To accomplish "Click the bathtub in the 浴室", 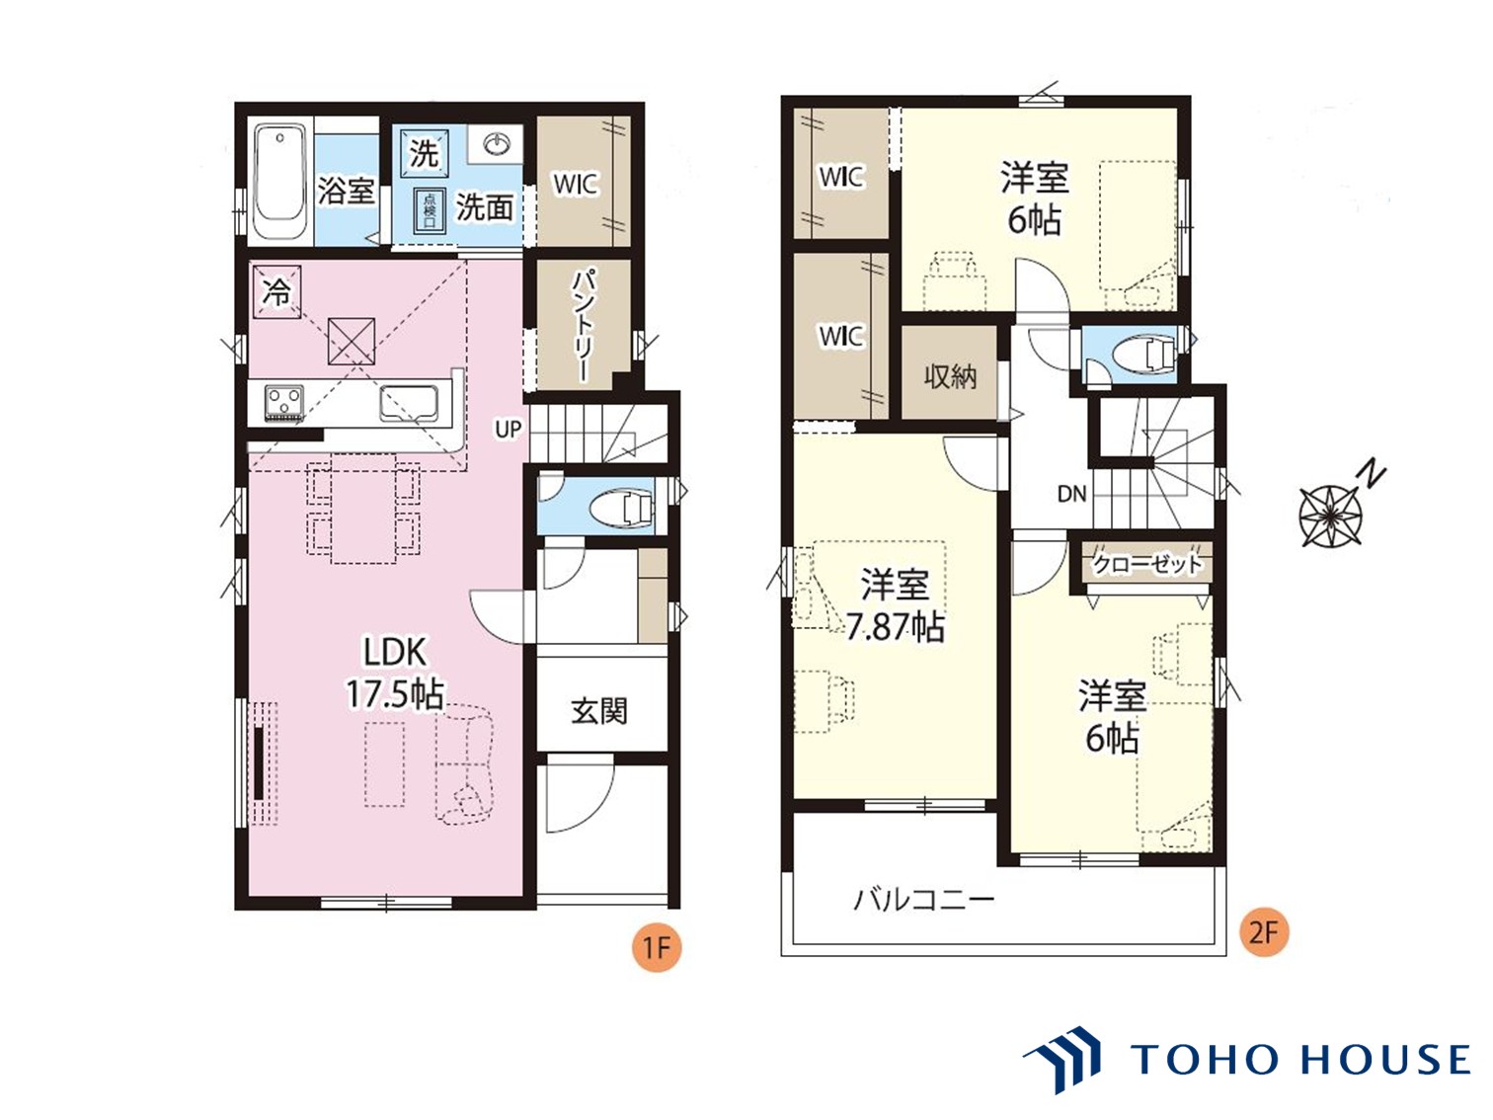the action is (x=278, y=183).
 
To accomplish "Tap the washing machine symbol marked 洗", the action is (x=424, y=152).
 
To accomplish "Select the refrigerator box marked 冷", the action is (x=276, y=291).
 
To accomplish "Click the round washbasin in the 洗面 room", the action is (x=498, y=143).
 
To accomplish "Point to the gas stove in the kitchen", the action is (x=284, y=402).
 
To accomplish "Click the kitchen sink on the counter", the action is (x=408, y=404).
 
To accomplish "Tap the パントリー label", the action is (x=583, y=325).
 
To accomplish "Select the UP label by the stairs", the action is (x=509, y=429).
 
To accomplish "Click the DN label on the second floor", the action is (x=1072, y=494).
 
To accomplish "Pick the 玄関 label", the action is (x=599, y=712).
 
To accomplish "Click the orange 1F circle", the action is (x=657, y=948).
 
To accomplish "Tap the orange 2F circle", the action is (x=1264, y=931).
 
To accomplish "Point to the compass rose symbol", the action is (x=1330, y=516).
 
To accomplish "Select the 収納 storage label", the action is (x=950, y=376).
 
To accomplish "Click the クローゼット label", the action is (x=1147, y=564).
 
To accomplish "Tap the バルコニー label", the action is (x=923, y=901).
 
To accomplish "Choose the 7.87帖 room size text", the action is (x=896, y=627).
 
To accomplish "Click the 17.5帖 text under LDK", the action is (x=395, y=693).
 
